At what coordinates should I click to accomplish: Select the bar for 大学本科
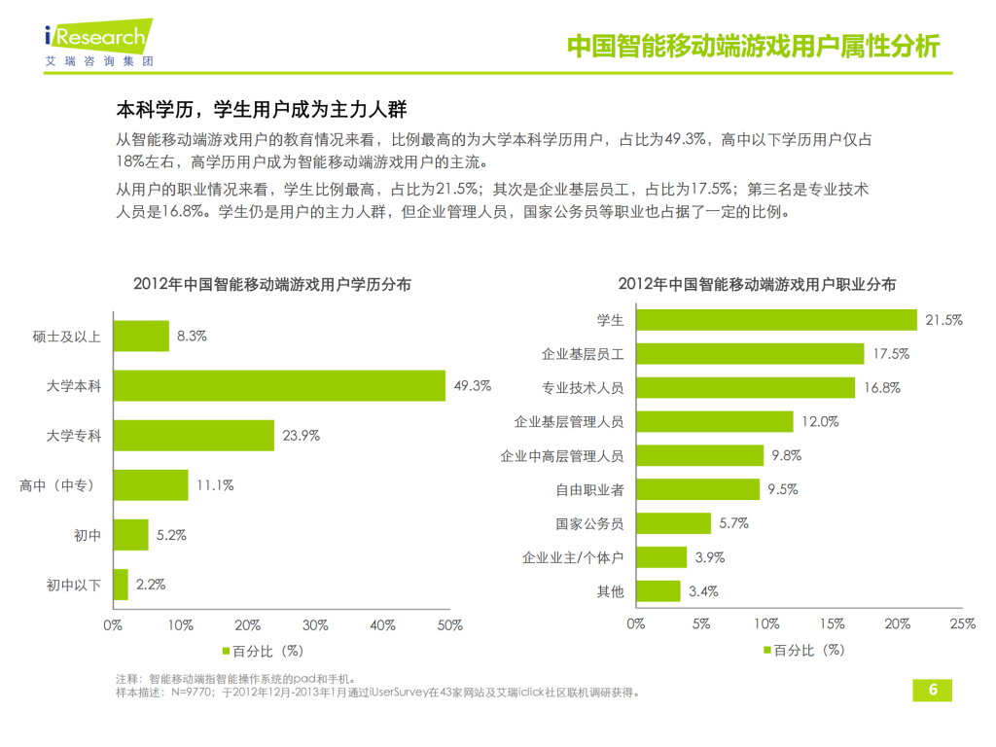point(279,385)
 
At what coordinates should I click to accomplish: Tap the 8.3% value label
point(192,336)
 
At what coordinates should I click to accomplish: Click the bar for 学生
point(775,319)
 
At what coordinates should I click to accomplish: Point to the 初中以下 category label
point(74,585)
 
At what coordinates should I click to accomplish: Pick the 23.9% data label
point(302,435)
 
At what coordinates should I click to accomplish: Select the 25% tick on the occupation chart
point(962,624)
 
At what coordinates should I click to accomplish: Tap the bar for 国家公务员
point(674,523)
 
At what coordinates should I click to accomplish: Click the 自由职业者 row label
point(590,489)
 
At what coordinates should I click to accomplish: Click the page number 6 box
point(932,690)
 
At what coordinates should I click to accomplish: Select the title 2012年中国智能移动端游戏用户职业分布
point(757,284)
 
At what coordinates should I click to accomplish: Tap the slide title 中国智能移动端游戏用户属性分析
point(753,46)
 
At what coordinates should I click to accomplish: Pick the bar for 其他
point(658,590)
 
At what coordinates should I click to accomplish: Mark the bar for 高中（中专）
point(151,484)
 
